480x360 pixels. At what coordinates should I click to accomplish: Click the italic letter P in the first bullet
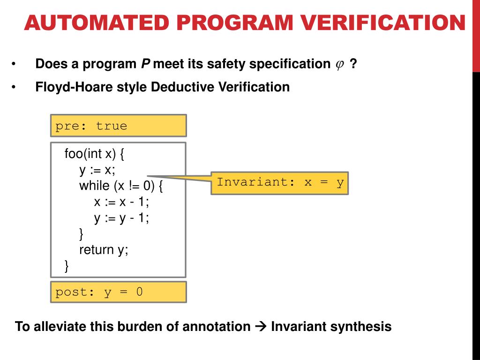point(145,64)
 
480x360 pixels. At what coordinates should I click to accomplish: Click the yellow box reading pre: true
point(118,126)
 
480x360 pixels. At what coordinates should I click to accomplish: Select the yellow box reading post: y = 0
point(118,292)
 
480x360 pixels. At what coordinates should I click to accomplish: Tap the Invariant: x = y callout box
point(279,182)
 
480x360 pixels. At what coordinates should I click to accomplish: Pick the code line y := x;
point(97,169)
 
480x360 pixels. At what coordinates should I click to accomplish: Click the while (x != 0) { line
point(121,186)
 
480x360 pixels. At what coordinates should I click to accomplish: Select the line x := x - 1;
point(121,202)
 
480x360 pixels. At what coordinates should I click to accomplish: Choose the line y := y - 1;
point(121,217)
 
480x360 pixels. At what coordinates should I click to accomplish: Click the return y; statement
point(104,249)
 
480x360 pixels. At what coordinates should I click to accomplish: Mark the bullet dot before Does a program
point(14,64)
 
